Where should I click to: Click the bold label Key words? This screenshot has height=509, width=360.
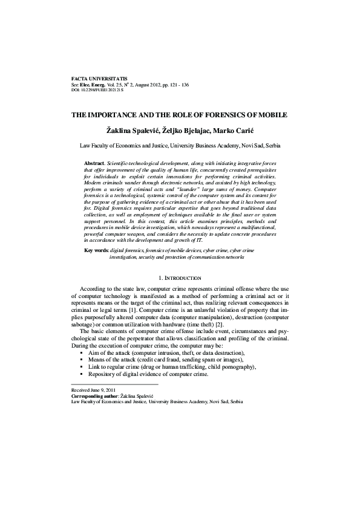[96, 267]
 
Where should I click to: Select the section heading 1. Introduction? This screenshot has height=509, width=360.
[180, 294]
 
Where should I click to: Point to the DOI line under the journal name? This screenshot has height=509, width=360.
[97, 91]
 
